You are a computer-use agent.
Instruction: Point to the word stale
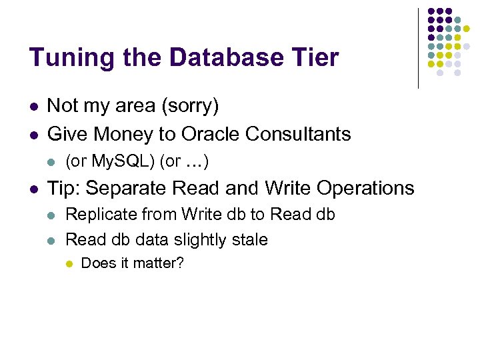click(x=248, y=239)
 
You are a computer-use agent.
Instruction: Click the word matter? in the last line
click(x=160, y=263)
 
